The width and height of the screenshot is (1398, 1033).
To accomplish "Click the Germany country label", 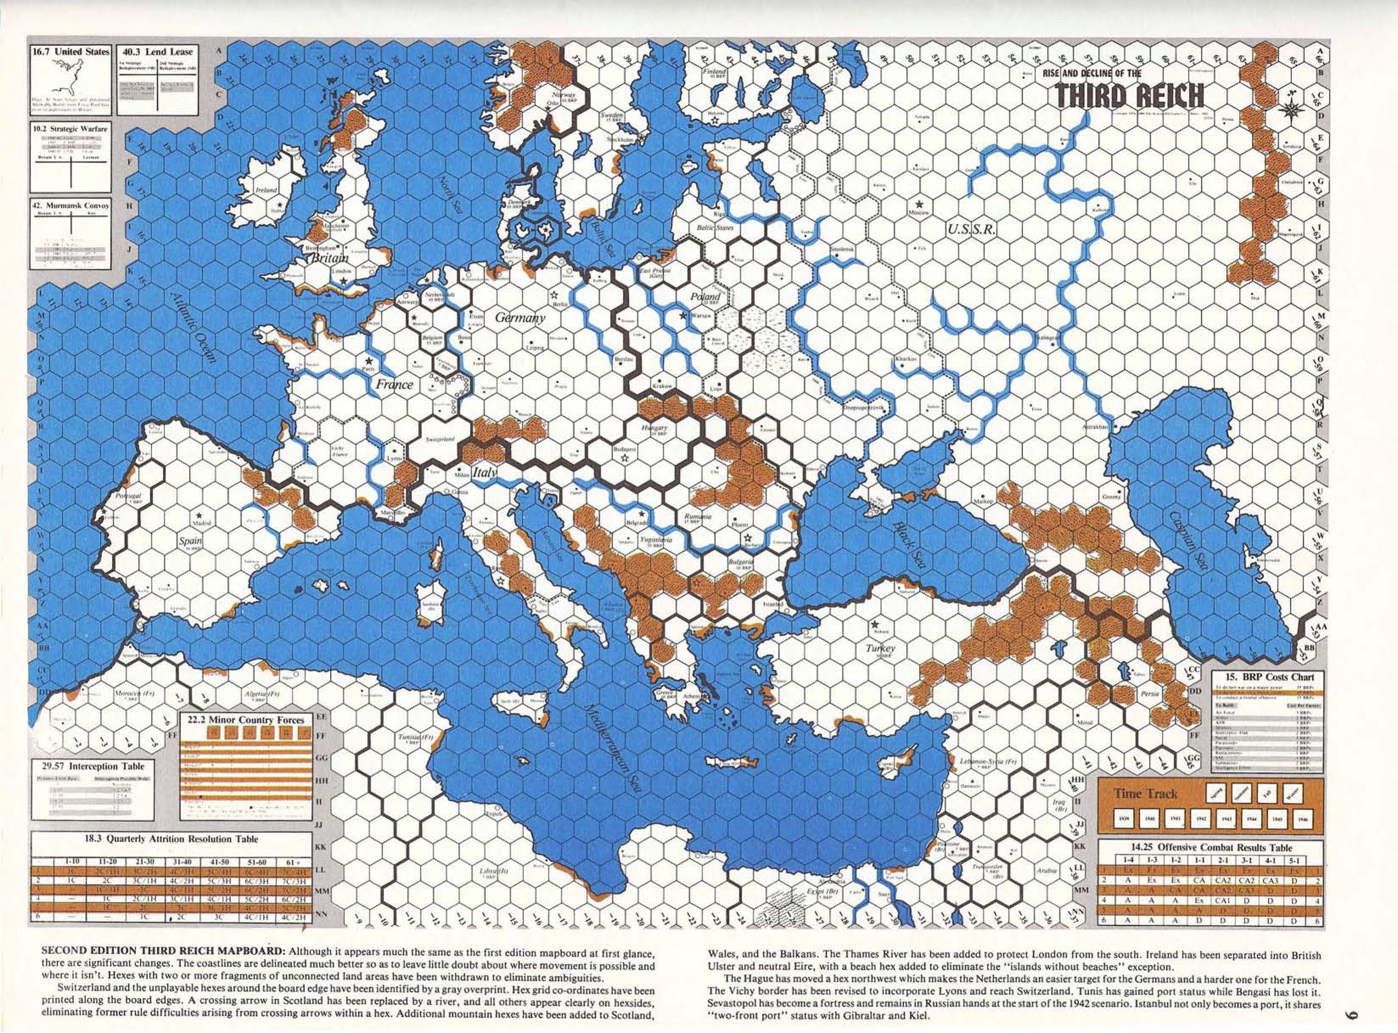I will pos(520,318).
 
